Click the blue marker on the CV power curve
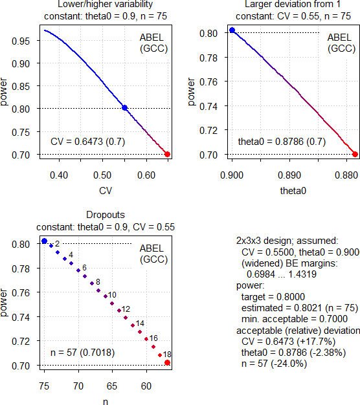point(124,108)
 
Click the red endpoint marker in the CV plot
point(168,154)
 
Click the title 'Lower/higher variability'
point(96,5)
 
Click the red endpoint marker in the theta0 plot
point(355,154)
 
